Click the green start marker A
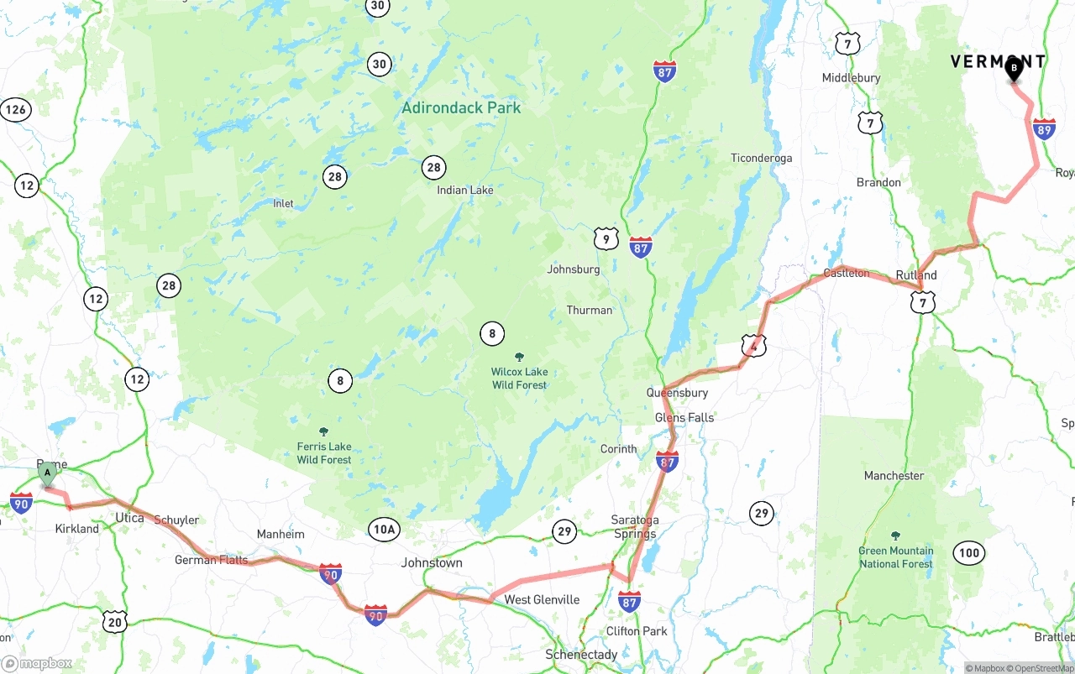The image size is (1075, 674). coord(48,473)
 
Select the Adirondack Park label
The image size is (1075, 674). coord(461,107)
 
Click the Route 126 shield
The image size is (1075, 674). coord(16,109)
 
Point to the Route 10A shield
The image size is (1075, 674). coord(383,529)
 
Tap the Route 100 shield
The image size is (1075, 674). coord(968,552)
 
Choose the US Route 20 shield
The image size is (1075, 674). coord(115,620)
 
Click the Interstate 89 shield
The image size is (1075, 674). coord(1044,129)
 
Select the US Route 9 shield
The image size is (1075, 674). coord(606,239)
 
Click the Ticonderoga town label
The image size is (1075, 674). coord(761,158)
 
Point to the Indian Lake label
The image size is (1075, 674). coord(464,190)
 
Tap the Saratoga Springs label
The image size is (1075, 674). coord(635,527)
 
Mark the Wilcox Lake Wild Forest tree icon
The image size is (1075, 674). coord(519,357)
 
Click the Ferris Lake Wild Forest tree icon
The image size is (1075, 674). coord(323,431)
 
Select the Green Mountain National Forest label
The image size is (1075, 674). coord(895,557)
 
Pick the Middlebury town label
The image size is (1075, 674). coord(851,77)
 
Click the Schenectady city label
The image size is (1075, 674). coord(581,654)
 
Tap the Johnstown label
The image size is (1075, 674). coord(431,562)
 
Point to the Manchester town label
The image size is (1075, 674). coord(894,475)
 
